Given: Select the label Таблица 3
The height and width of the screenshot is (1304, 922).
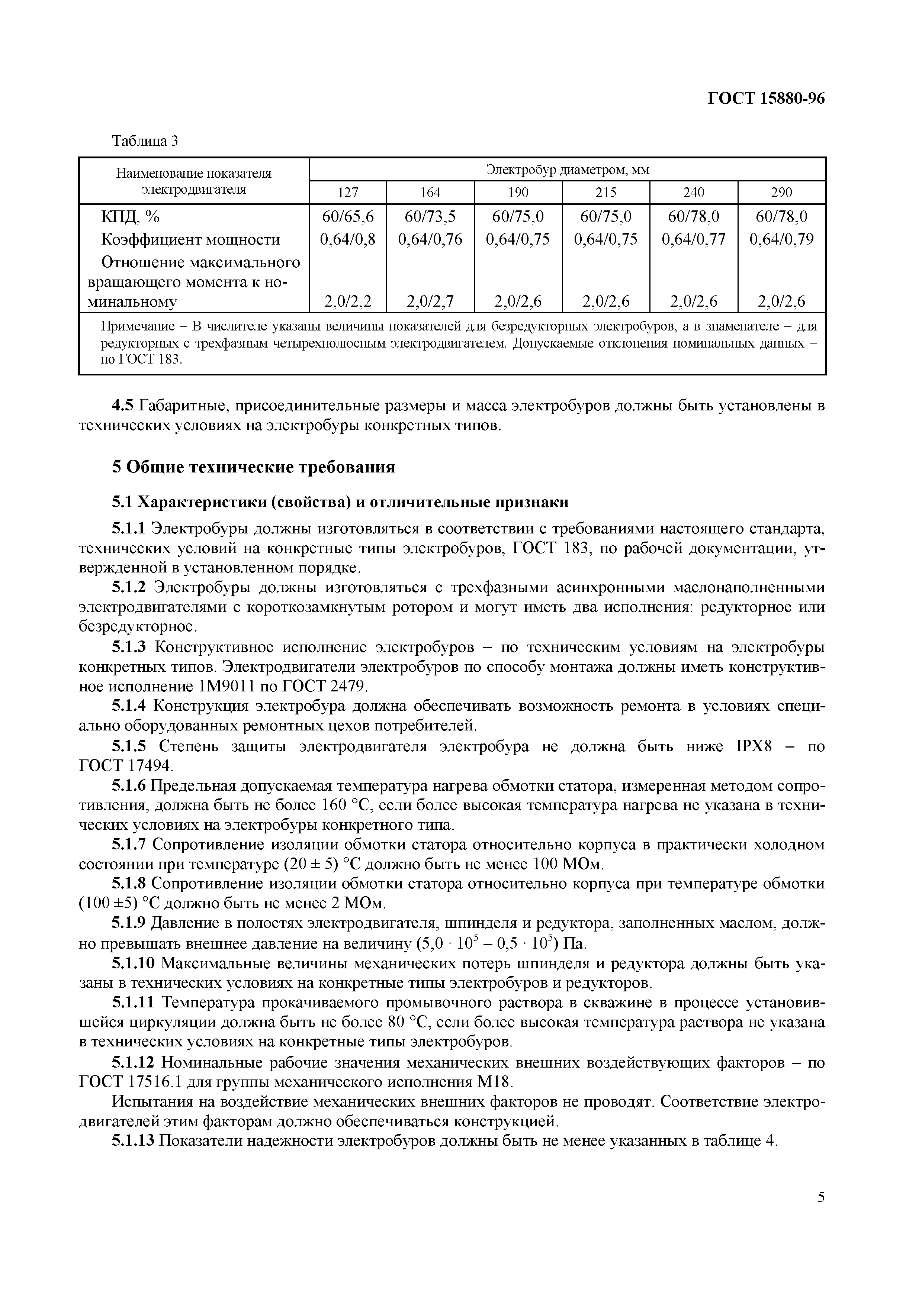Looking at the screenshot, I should pyautogui.click(x=145, y=141).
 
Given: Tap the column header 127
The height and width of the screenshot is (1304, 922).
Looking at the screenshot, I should pyautogui.click(x=348, y=193).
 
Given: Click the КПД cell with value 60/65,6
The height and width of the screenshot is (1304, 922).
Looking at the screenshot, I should pyautogui.click(x=348, y=216).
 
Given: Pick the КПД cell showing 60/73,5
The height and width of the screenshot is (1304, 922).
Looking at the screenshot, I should pyautogui.click(x=430, y=216).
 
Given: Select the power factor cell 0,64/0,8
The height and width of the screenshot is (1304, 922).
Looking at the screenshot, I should pyautogui.click(x=348, y=239).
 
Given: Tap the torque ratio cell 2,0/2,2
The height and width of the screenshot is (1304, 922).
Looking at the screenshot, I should pyautogui.click(x=348, y=301).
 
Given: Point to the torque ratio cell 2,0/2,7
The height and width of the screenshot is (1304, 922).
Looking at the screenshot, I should pyautogui.click(x=430, y=301).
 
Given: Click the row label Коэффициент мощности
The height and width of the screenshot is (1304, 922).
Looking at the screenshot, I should pyautogui.click(x=191, y=239).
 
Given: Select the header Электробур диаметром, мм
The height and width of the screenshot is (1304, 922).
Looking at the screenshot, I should pyautogui.click(x=567, y=169).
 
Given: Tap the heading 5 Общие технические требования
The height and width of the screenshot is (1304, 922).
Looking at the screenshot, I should pyautogui.click(x=253, y=467).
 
